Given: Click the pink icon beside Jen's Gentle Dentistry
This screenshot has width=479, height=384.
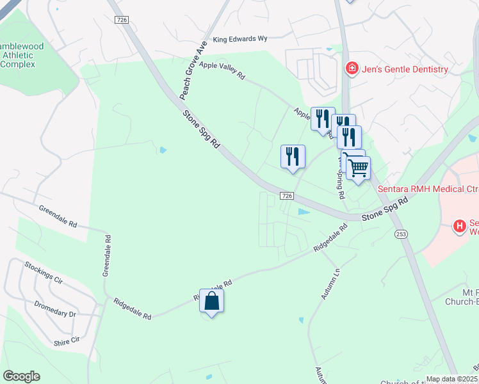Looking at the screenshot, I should [x=352, y=68].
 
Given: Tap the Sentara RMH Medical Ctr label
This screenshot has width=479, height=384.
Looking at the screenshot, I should [x=428, y=189].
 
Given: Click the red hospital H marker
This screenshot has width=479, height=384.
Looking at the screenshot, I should [x=459, y=226].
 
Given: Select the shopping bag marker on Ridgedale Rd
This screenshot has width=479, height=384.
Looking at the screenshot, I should [x=212, y=301].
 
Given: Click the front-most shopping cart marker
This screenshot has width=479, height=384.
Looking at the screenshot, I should [x=359, y=168].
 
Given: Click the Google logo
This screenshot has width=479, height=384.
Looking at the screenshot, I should [x=21, y=376].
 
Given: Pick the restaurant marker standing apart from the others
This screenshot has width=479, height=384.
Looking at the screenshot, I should [x=293, y=157].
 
